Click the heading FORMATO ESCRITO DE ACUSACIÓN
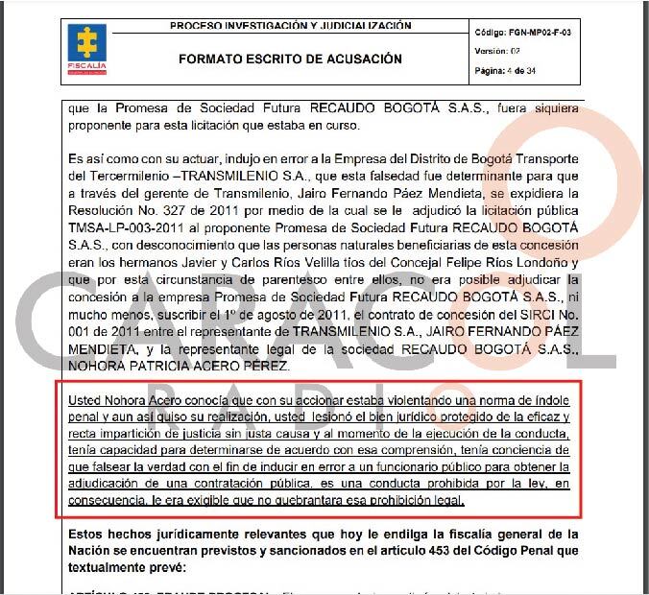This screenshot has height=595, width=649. pyautogui.click(x=290, y=59)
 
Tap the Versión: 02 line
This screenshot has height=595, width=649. pyautogui.click(x=498, y=52)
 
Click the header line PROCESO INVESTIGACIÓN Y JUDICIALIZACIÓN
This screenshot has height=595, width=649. pyautogui.click(x=290, y=25)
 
